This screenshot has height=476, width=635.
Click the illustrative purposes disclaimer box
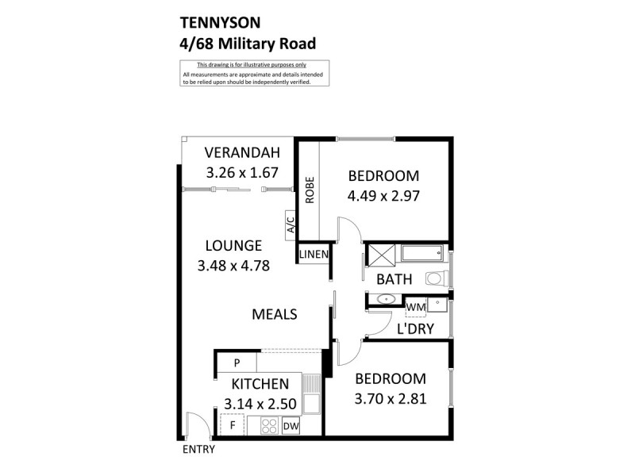[x=255, y=74]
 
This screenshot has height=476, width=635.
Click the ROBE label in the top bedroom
[x=310, y=190]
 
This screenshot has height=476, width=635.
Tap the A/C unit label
[x=291, y=225]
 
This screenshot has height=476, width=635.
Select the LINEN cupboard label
[x=314, y=254]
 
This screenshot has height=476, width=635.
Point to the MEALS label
[x=274, y=314]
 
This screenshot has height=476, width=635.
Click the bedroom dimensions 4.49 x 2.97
[x=383, y=194]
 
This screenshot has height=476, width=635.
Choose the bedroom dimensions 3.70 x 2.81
[x=391, y=399]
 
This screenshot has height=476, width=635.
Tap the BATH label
[x=394, y=279]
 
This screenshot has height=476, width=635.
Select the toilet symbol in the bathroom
[x=437, y=278]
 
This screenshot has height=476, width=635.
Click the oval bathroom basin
[x=387, y=301]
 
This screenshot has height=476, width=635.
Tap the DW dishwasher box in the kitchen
[x=291, y=426]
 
